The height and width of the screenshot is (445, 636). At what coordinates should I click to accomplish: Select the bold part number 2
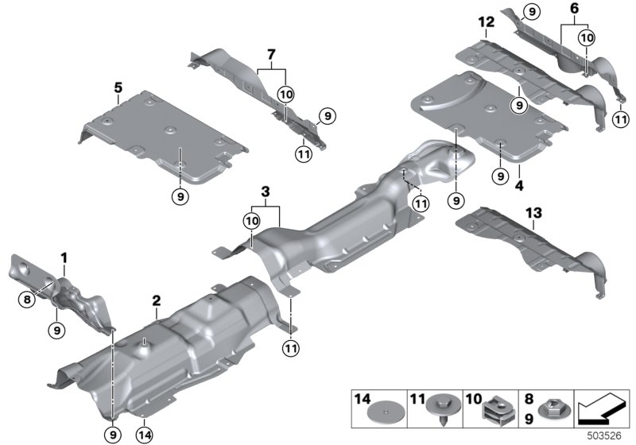click(157, 300)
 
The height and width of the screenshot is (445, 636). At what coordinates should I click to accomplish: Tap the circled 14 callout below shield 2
click(144, 433)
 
